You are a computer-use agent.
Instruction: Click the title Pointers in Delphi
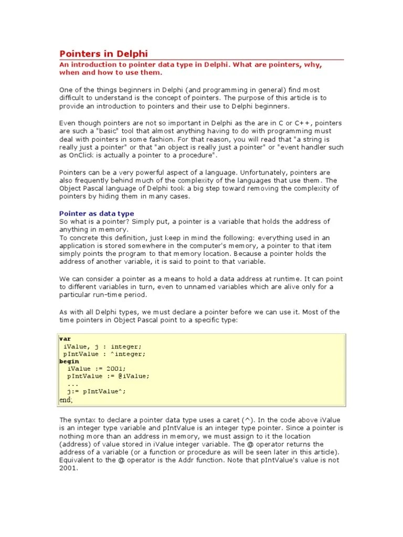pyautogui.click(x=103, y=53)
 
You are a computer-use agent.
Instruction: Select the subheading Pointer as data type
pyautogui.click(x=97, y=213)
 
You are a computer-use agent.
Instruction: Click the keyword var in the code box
pyautogui.click(x=66, y=339)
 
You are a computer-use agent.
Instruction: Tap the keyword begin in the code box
pyautogui.click(x=69, y=361)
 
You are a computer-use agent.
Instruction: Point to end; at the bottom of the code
pyautogui.click(x=66, y=400)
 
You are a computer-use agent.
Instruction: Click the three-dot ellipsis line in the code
pyautogui.click(x=73, y=384)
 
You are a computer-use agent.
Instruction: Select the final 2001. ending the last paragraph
pyautogui.click(x=69, y=468)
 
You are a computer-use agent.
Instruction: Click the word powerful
pyautogui.click(x=147, y=173)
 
